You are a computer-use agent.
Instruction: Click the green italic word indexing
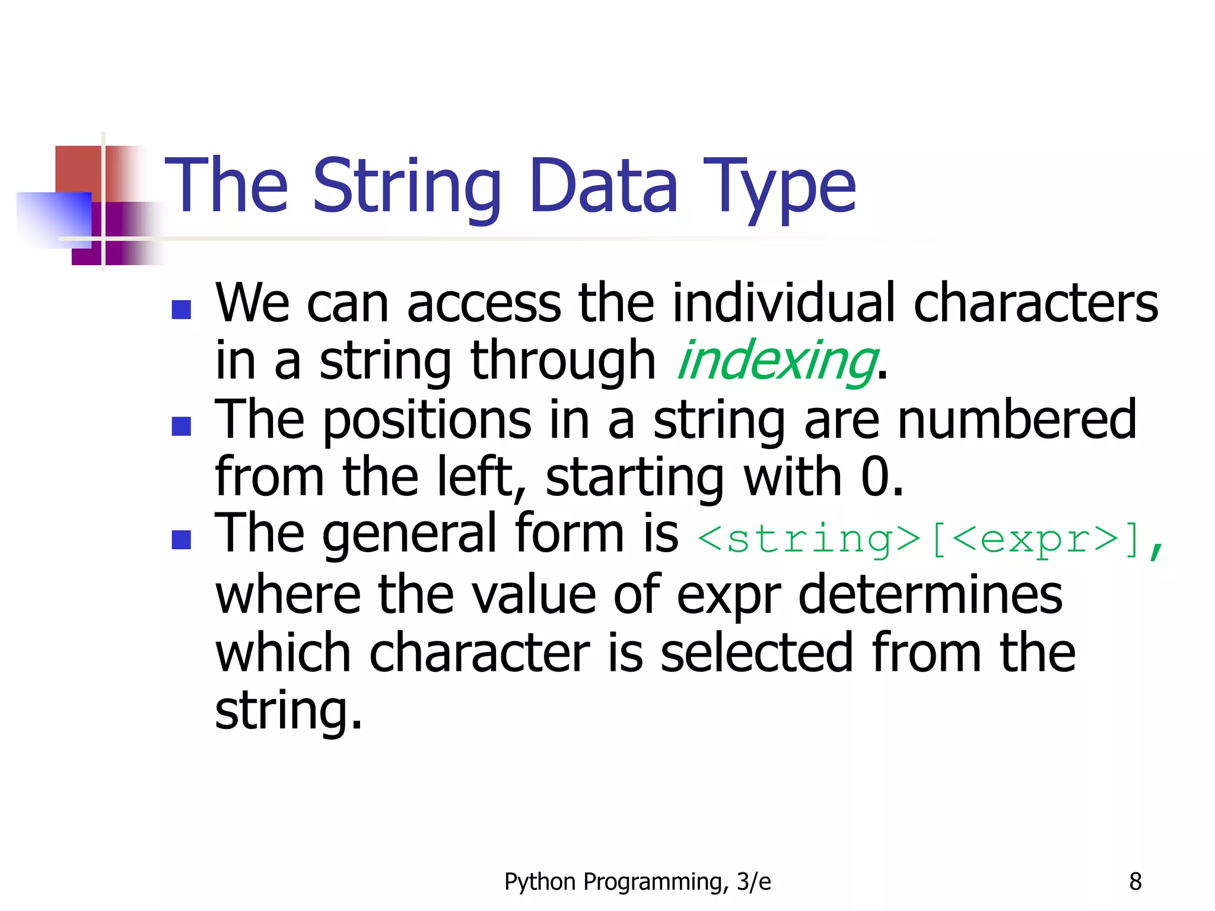(776, 361)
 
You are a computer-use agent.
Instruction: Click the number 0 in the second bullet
(874, 477)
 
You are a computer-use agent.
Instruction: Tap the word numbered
(1017, 420)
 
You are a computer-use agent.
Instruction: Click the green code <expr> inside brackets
(1036, 539)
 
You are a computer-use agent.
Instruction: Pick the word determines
(930, 595)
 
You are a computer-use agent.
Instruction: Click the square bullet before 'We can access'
(181, 310)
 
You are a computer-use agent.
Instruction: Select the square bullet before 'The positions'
(181, 426)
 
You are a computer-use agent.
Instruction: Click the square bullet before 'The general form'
(181, 540)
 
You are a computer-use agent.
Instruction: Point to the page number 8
(1135, 882)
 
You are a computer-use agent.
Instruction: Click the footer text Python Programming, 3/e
(637, 882)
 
